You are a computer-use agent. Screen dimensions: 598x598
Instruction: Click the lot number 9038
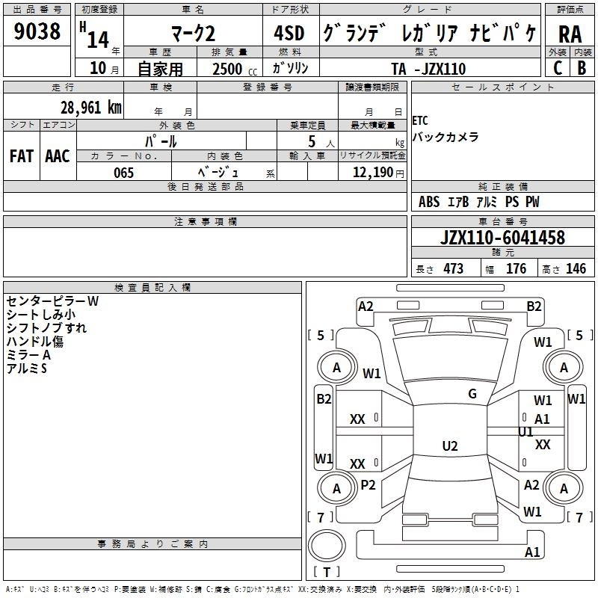pyautogui.click(x=37, y=31)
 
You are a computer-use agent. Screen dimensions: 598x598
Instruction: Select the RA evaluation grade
pyautogui.click(x=570, y=34)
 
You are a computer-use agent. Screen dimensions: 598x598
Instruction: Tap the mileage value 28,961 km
pyautogui.click(x=91, y=108)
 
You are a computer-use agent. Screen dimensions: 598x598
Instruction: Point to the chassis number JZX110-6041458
pyautogui.click(x=502, y=237)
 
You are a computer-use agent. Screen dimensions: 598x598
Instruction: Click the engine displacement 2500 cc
pyautogui.click(x=235, y=69)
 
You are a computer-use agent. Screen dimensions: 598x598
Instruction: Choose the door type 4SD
pyautogui.click(x=289, y=33)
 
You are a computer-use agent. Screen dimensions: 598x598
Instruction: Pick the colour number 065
pyautogui.click(x=123, y=173)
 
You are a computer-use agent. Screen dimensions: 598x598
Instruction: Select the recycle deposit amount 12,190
pyautogui.click(x=373, y=173)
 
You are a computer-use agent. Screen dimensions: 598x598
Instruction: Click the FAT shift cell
pyautogui.click(x=22, y=156)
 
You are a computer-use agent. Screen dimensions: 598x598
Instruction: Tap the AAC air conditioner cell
pyautogui.click(x=58, y=156)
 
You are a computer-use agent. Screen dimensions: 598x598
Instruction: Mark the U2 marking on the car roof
pyautogui.click(x=450, y=446)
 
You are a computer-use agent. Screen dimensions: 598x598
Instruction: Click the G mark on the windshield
pyautogui.click(x=472, y=394)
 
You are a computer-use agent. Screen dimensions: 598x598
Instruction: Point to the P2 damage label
pyautogui.click(x=368, y=484)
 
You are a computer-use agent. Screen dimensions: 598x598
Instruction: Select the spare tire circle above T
pyautogui.click(x=327, y=546)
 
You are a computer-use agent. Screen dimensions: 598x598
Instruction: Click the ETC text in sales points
pyautogui.click(x=420, y=121)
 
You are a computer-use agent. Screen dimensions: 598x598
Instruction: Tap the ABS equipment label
pyautogui.click(x=428, y=202)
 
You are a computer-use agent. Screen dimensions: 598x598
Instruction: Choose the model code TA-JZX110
pyautogui.click(x=428, y=69)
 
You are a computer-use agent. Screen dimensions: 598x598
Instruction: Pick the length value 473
pyautogui.click(x=453, y=268)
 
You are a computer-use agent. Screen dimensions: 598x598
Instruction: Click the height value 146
pyautogui.click(x=576, y=268)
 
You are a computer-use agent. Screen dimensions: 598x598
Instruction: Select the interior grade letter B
pyautogui.click(x=582, y=68)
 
